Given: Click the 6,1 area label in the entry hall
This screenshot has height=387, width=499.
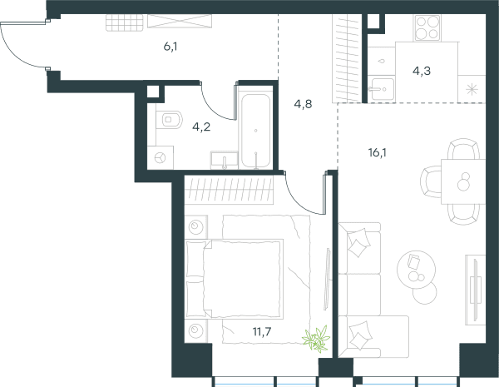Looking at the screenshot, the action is (170, 47).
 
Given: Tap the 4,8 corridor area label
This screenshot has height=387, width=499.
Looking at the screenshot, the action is (303, 104).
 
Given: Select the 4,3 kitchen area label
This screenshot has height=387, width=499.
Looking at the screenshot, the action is (422, 71).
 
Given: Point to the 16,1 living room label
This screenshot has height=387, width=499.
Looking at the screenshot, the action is (378, 153).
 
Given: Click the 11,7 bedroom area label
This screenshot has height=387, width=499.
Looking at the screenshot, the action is (262, 331).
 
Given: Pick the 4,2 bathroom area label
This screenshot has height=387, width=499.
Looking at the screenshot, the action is (201, 127).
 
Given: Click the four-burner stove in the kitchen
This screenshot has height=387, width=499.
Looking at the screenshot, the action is (427, 27).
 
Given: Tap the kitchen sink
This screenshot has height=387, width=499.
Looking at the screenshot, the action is (381, 89).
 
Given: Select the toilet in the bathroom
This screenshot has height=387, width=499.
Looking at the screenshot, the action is (170, 120).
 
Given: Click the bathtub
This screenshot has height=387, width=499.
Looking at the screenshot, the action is (255, 131).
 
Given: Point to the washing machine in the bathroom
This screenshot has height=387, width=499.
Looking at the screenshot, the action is (161, 157).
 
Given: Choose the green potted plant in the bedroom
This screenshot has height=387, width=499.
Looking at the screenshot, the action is (316, 338).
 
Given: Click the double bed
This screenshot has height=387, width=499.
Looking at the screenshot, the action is (235, 279).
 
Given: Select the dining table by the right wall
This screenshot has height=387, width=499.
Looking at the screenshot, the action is (463, 181).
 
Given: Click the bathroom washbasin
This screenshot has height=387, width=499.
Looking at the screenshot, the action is (224, 161).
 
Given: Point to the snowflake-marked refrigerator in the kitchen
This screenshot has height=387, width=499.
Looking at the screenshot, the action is (472, 89).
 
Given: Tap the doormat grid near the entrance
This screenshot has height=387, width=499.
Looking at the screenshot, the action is (125, 23).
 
